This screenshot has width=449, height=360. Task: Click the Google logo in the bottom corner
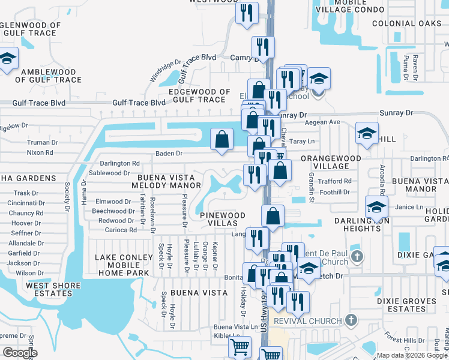[19, 353]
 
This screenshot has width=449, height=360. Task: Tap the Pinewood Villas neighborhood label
[223, 220]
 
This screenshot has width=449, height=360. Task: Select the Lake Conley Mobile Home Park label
[121, 265]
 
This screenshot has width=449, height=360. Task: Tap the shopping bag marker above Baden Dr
[222, 139]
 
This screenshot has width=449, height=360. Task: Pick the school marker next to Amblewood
[7, 58]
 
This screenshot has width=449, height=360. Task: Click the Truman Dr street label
[42, 143]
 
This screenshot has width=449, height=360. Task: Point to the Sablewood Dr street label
[109, 173]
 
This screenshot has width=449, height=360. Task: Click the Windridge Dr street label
[166, 71]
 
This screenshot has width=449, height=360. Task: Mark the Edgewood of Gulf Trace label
[199, 96]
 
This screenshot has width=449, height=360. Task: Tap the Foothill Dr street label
[335, 193]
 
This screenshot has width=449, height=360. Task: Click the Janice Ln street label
[410, 207]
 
